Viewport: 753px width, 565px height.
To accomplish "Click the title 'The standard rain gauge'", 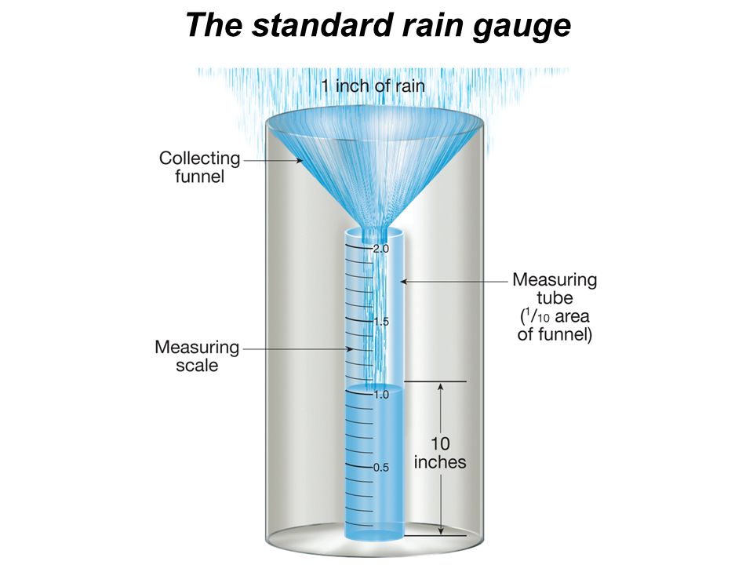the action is pyautogui.click(x=376, y=25).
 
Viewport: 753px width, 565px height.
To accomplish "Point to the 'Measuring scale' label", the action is pyautogui.click(x=197, y=355).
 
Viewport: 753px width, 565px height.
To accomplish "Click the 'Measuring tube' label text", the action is pyautogui.click(x=555, y=288).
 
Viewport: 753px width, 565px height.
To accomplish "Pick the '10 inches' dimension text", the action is pyautogui.click(x=440, y=453).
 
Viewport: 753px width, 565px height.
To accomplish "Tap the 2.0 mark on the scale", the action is pyautogui.click(x=381, y=249).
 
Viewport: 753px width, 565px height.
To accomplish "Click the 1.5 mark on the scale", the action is pyautogui.click(x=381, y=322).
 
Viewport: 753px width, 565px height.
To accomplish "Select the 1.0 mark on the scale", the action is pyautogui.click(x=381, y=395).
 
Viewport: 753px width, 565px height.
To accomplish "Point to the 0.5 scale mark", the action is pyautogui.click(x=381, y=468).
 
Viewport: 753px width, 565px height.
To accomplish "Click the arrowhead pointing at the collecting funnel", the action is pyautogui.click(x=299, y=160).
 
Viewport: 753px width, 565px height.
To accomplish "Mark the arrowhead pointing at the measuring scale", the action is pyautogui.click(x=351, y=348).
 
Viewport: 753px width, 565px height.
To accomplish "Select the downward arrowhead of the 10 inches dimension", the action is pyautogui.click(x=441, y=532).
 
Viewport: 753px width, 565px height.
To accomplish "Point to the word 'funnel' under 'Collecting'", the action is pyautogui.click(x=199, y=176).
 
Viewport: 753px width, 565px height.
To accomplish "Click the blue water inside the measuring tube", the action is pyautogui.click(x=375, y=463).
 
